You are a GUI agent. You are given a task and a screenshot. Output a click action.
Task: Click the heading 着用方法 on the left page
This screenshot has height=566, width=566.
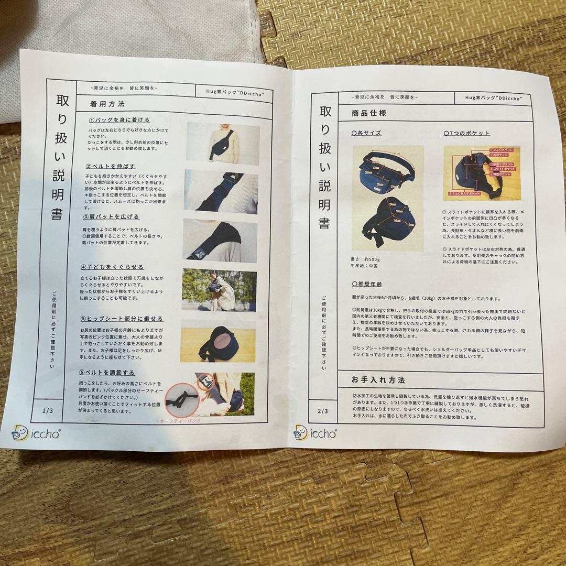107,104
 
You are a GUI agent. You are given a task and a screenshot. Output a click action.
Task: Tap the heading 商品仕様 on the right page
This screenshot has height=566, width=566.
369,113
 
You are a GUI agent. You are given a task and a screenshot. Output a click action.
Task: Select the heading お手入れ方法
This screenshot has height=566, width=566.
378,379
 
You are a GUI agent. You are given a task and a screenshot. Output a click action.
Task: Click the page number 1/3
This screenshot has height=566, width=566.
48,410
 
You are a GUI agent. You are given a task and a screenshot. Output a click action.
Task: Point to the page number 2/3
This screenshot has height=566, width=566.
322,412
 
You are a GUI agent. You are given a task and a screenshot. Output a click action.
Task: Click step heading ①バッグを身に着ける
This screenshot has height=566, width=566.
119,119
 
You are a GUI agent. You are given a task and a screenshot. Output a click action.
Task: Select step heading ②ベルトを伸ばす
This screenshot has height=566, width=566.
110,166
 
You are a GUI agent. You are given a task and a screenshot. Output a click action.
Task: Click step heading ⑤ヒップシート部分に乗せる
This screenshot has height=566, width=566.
121,319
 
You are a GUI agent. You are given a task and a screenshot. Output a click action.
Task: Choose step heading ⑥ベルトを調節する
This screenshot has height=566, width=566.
107,373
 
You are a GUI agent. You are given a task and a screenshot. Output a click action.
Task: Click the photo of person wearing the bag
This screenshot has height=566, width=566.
223,144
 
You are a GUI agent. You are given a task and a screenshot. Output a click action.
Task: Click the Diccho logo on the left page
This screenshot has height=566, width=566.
36,433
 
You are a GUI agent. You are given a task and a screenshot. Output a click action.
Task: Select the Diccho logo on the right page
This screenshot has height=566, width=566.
315,433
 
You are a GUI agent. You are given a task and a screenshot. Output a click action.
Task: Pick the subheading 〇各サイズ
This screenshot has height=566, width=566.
366,133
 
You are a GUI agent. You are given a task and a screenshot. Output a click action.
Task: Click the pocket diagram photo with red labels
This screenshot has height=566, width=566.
481,173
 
